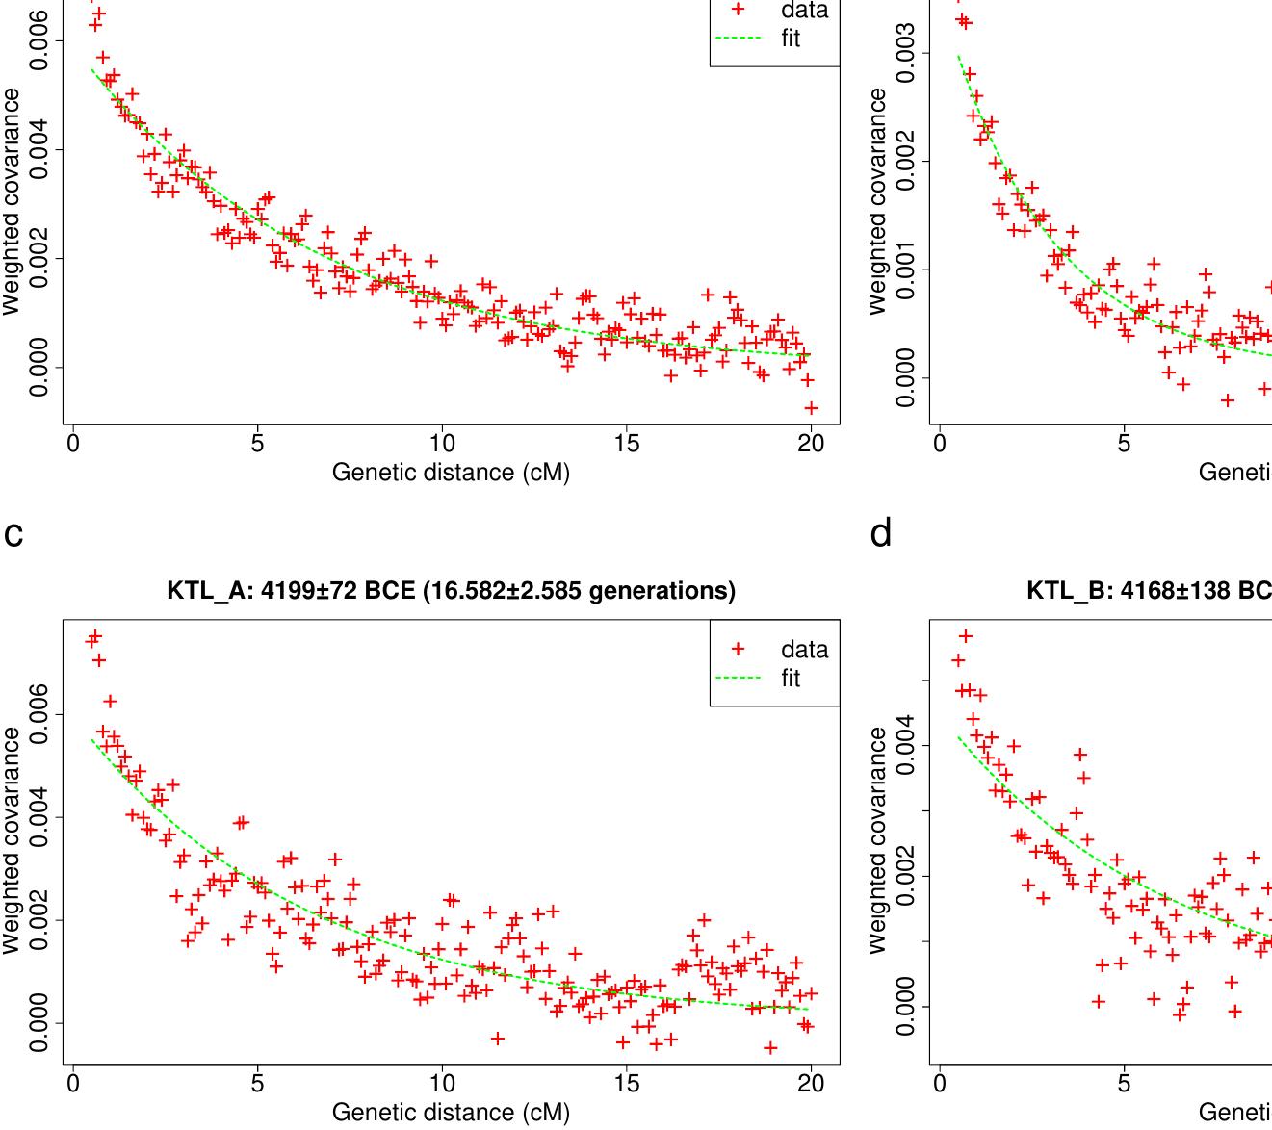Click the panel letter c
[x=13, y=533]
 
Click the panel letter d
[x=880, y=531]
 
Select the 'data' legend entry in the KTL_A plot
[x=803, y=650]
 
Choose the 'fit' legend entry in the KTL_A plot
[x=791, y=679]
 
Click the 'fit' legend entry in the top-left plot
[x=791, y=39]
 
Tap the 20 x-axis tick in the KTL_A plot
[x=811, y=1084]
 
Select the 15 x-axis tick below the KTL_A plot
[x=626, y=1084]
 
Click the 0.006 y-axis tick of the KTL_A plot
[x=39, y=714]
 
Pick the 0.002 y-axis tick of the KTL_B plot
[x=905, y=876]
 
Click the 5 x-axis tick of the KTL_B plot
[x=1124, y=1084]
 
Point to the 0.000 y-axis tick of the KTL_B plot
[x=905, y=1007]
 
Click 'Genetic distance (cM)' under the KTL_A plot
[x=451, y=1113]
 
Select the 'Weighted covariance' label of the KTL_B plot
[x=877, y=840]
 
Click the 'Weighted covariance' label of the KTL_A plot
[x=12, y=840]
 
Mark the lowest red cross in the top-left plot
[x=811, y=408]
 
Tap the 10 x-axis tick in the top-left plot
[x=441, y=444]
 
